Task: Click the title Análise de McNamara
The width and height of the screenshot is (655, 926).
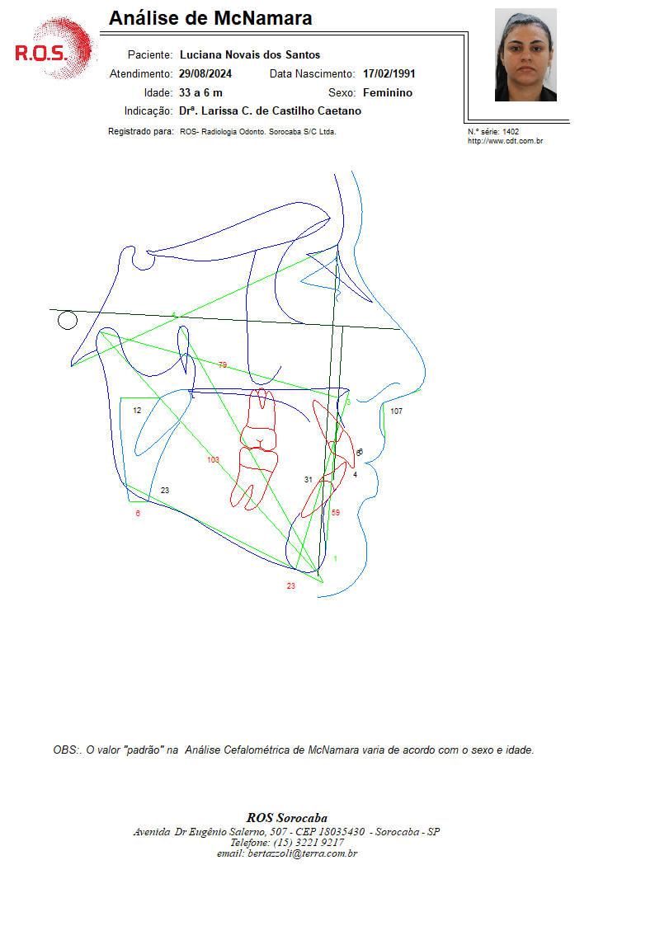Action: (210, 18)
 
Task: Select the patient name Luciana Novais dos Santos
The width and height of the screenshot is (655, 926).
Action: (250, 55)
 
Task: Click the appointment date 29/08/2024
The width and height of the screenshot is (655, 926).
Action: (205, 74)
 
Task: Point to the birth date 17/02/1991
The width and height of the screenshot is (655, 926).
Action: (389, 74)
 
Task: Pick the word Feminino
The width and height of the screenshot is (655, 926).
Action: (388, 92)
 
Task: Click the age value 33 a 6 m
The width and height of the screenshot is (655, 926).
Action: (200, 92)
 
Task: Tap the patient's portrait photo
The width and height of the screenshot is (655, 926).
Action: (525, 55)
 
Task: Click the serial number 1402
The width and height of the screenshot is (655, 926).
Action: (511, 132)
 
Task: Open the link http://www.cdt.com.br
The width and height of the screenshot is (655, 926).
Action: (506, 141)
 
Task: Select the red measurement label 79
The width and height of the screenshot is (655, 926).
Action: (223, 365)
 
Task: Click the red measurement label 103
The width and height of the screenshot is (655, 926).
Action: (213, 459)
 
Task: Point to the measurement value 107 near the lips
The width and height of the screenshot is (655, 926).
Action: (396, 411)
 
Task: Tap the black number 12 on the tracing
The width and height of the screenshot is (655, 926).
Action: (137, 411)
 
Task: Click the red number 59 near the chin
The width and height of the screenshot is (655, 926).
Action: (336, 513)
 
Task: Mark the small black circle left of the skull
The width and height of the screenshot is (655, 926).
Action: (68, 321)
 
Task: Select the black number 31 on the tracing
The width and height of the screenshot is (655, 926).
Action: (309, 480)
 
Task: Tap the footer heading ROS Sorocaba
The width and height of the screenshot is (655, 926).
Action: (287, 818)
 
